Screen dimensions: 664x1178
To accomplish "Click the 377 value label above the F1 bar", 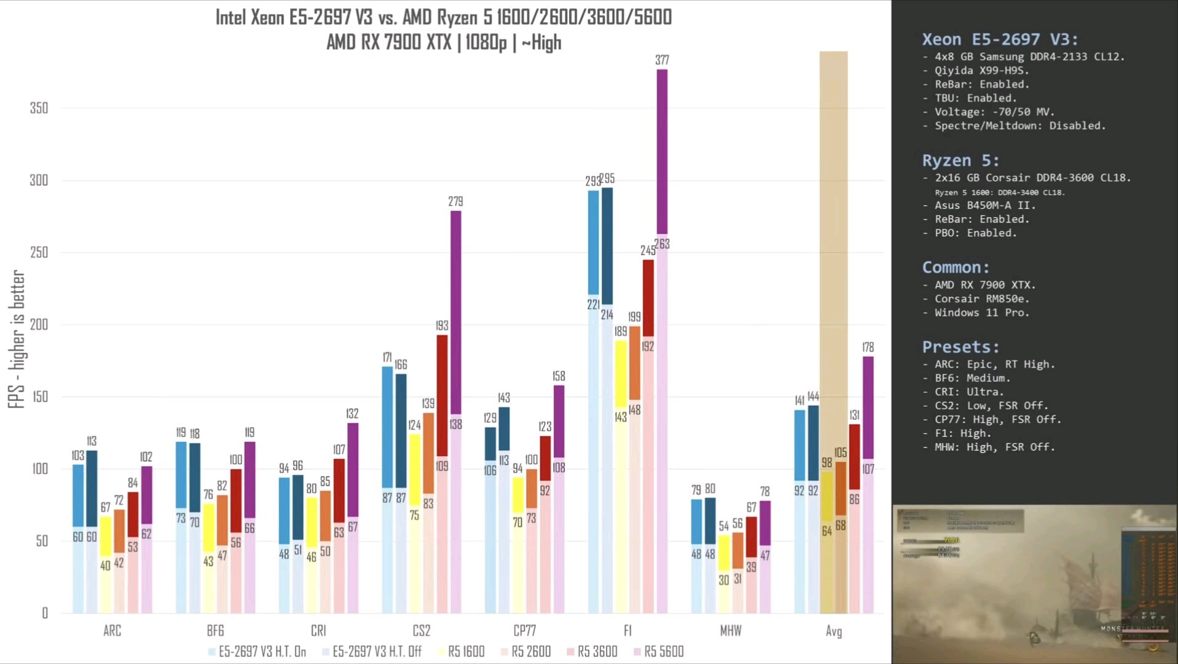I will click(x=662, y=60).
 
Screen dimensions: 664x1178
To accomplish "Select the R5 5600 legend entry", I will click(x=658, y=652).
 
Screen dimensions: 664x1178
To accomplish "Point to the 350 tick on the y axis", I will click(x=39, y=108).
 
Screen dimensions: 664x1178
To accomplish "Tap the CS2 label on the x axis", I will click(x=422, y=631).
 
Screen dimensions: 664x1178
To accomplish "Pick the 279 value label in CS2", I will click(x=455, y=202).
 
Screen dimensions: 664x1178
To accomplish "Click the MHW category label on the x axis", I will click(x=731, y=631).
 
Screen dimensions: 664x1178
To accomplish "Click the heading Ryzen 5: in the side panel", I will click(x=960, y=161).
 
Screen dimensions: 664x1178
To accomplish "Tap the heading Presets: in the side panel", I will click(x=960, y=347).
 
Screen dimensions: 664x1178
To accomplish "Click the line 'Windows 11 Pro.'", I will click(x=981, y=313).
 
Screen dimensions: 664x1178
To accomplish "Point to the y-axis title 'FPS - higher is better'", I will click(x=17, y=339).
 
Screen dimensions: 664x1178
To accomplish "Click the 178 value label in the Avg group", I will click(x=868, y=347).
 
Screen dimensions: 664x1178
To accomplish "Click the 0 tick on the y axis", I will click(x=45, y=613).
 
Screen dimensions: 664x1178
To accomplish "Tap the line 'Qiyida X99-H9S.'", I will click(x=981, y=71).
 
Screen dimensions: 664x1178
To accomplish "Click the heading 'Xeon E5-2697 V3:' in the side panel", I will click(x=1000, y=40).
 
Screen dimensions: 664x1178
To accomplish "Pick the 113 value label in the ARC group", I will click(x=92, y=441).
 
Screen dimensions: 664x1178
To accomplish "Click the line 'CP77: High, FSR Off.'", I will click(x=997, y=420).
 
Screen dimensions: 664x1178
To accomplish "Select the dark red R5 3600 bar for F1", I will click(x=648, y=298).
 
